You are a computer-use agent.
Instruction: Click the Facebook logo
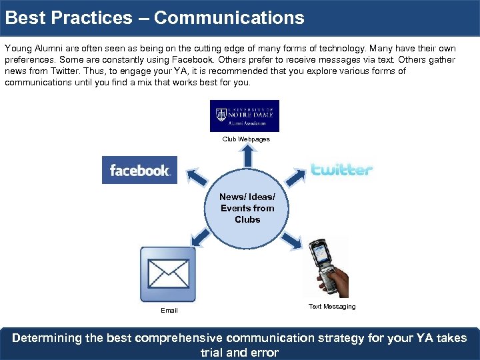[139, 170]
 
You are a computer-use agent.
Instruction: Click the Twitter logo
[342, 169]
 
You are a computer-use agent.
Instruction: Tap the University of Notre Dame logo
[245, 116]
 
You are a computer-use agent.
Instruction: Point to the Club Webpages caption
[247, 139]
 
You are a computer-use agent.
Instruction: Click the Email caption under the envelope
[169, 311]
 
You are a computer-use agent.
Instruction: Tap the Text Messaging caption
[332, 307]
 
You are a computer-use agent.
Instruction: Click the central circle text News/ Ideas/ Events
[247, 208]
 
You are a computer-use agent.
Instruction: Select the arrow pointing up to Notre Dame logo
[247, 156]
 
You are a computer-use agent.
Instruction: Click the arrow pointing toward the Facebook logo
[197, 178]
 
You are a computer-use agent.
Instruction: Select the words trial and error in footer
[239, 353]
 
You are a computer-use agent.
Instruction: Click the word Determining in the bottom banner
[47, 338]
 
